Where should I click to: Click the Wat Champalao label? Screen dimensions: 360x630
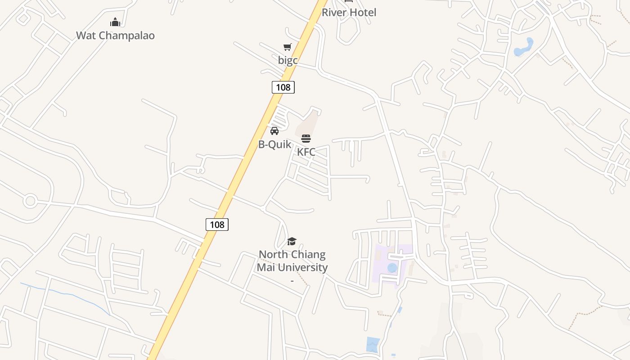pos(115,36)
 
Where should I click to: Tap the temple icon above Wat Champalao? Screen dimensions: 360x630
pos(115,22)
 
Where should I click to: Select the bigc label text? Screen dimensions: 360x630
pos(288,60)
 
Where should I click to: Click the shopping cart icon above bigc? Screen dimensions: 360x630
pos(287,47)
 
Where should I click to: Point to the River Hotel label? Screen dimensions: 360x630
pos(349,13)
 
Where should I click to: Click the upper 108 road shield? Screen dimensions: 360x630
pos(283,87)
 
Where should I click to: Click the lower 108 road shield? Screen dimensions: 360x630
pos(217,224)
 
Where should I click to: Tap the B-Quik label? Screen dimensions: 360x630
pos(274,144)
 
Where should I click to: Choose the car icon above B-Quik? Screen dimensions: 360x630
pos(274,131)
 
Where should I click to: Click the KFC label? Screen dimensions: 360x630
pos(306,152)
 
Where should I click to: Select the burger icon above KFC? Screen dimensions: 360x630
pos(306,138)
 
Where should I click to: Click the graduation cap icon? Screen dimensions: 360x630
pos(292,241)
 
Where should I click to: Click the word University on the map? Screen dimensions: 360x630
pos(302,267)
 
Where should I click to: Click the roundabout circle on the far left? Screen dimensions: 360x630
pos(30,201)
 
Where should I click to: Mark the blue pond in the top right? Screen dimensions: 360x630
pos(524,48)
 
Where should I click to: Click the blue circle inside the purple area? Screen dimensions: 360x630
pos(392,268)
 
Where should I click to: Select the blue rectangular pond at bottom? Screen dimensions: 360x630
pos(373,344)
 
